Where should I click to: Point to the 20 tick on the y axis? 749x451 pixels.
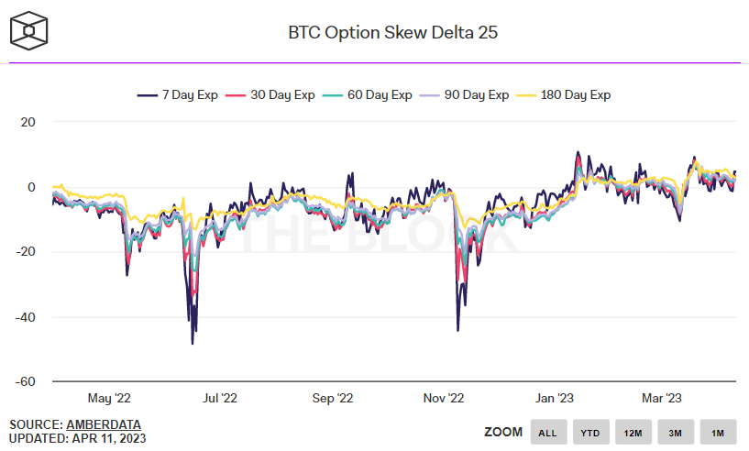coord(28,122)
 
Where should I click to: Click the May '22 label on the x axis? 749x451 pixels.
coord(110,398)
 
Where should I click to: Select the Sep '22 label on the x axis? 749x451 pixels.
coord(333,398)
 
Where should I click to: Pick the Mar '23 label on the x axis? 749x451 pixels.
coord(661,398)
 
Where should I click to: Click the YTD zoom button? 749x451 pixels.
coord(591,432)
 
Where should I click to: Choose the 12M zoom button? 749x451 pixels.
coord(633,432)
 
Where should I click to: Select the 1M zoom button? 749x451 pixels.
coord(718,432)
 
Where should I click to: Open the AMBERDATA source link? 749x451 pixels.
coord(105,424)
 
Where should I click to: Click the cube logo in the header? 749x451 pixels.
coord(30,33)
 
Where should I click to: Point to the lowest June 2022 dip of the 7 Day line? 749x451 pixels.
coord(193,344)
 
